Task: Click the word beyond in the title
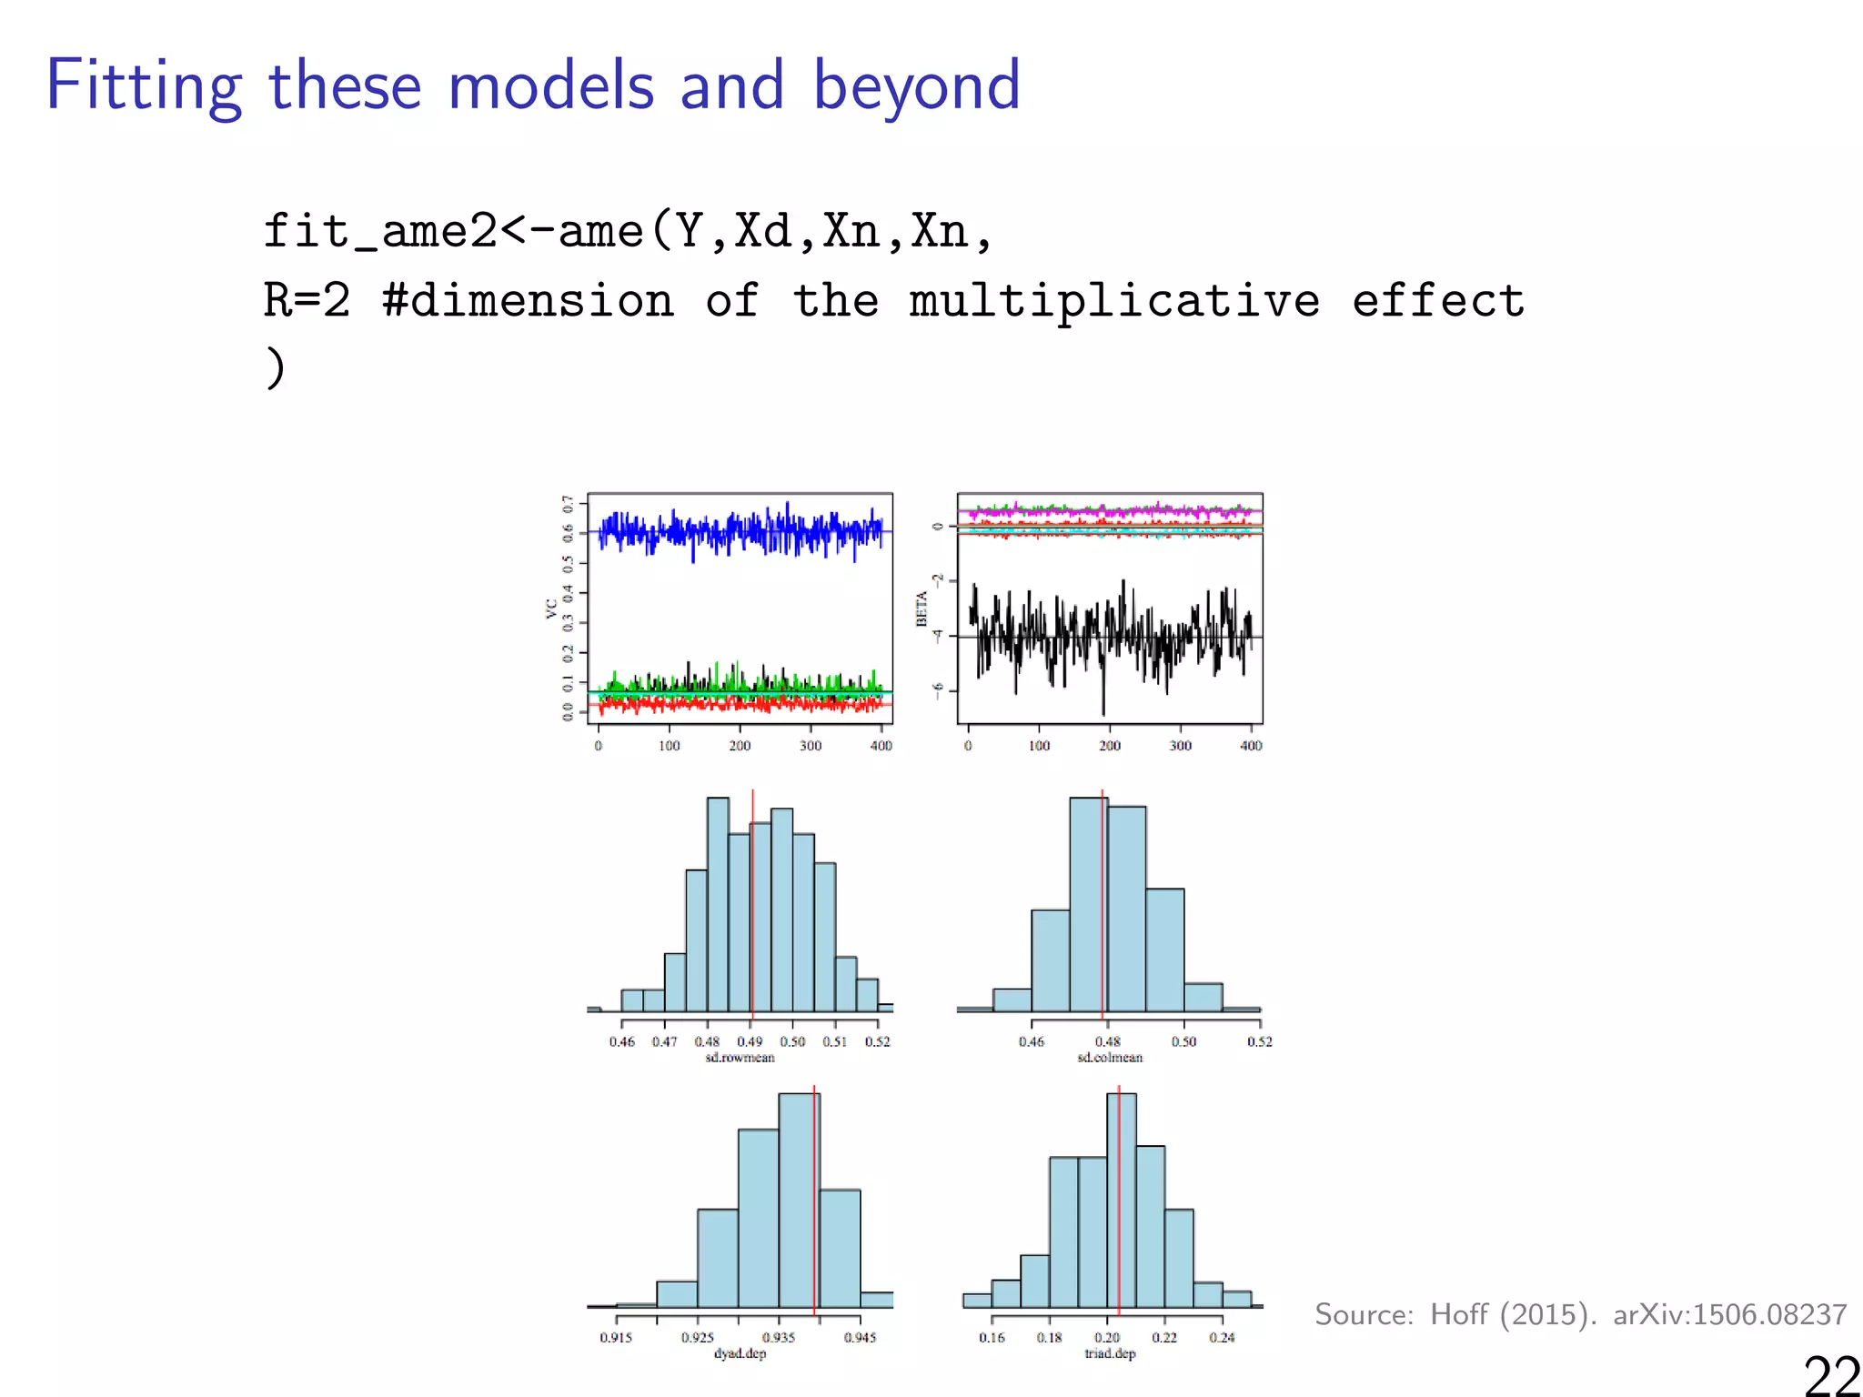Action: click(x=915, y=86)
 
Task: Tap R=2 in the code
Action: click(x=307, y=301)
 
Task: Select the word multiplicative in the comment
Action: click(x=1114, y=301)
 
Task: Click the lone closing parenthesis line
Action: click(x=275, y=368)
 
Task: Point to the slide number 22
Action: click(x=1831, y=1374)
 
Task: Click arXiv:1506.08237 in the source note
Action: click(x=1729, y=1314)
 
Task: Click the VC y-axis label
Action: click(x=551, y=608)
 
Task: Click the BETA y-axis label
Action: click(x=921, y=608)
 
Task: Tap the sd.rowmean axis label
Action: click(x=740, y=1058)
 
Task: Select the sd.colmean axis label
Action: click(x=1109, y=1058)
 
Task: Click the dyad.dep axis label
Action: click(x=740, y=1353)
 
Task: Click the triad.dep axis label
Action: click(x=1110, y=1353)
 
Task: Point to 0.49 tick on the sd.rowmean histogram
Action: click(x=750, y=1041)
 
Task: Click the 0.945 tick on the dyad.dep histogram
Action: click(x=860, y=1337)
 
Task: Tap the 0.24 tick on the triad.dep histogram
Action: click(x=1222, y=1337)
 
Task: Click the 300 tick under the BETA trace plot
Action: click(x=1180, y=746)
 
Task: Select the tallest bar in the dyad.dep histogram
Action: click(x=799, y=1201)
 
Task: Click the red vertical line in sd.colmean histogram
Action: click(x=1103, y=910)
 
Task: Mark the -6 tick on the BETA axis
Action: click(x=938, y=690)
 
